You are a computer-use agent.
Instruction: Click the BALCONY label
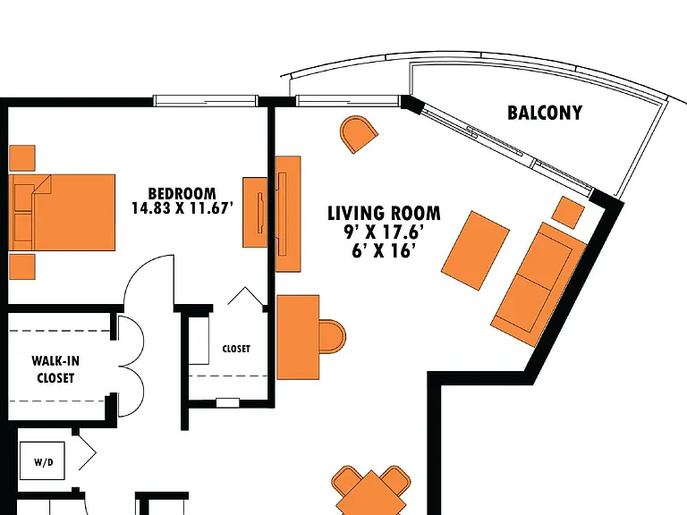tap(545, 113)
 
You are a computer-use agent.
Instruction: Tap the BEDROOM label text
tap(182, 193)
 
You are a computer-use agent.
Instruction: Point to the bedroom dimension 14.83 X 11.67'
tap(182, 208)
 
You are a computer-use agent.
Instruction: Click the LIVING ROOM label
tap(384, 214)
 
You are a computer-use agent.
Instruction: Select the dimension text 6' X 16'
tap(384, 251)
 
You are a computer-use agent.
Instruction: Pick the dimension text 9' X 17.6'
tap(384, 232)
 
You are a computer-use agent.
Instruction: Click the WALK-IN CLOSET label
tap(55, 369)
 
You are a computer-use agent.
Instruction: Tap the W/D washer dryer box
tap(43, 460)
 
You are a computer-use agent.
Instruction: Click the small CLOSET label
tap(236, 349)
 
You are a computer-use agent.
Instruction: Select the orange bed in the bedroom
tap(62, 213)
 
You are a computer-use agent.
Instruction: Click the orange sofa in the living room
tap(539, 284)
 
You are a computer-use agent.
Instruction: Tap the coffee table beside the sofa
tap(475, 250)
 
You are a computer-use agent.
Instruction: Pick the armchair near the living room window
tap(359, 133)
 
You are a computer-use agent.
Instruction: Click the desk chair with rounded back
tap(332, 336)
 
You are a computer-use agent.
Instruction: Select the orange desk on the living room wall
tap(298, 337)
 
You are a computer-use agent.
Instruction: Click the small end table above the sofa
tap(568, 213)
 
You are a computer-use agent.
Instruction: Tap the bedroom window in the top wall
tap(206, 101)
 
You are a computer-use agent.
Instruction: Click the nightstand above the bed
tap(21, 158)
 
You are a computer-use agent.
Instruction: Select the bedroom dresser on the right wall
tap(256, 213)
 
